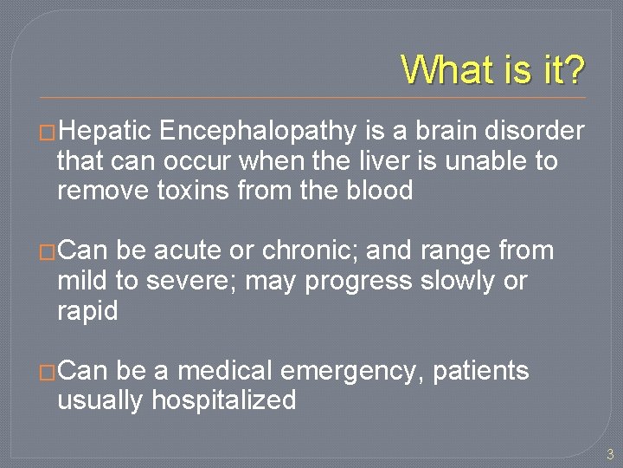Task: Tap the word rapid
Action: pyautogui.click(x=87, y=311)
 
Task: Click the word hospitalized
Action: pyautogui.click(x=223, y=400)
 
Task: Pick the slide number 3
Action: pyautogui.click(x=609, y=453)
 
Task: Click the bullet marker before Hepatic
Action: pyautogui.click(x=48, y=133)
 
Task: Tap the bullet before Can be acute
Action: pyautogui.click(x=48, y=252)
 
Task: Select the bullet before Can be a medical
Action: pyautogui.click(x=48, y=373)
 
